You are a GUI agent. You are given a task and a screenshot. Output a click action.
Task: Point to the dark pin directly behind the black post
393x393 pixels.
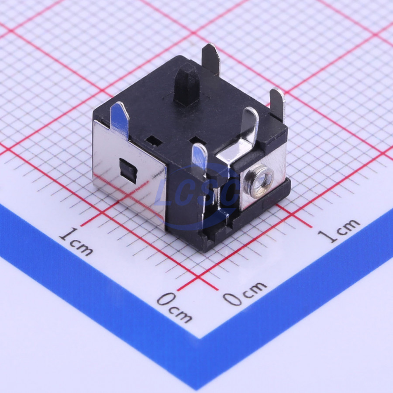[x=211, y=60]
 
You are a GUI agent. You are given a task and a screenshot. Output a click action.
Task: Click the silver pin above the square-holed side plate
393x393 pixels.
[x=120, y=121]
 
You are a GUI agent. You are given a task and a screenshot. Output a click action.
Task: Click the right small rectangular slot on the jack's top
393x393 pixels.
[x=198, y=140]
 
